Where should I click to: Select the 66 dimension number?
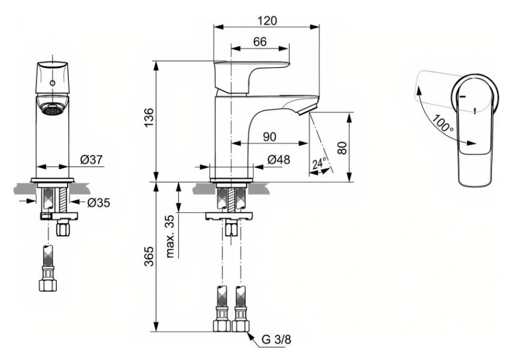(x=260, y=41)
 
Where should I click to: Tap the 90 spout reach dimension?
(x=269, y=137)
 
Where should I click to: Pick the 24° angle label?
(x=320, y=163)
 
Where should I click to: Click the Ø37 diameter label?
(x=92, y=160)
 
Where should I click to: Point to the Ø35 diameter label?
(x=98, y=202)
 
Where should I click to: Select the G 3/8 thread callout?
(x=276, y=339)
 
